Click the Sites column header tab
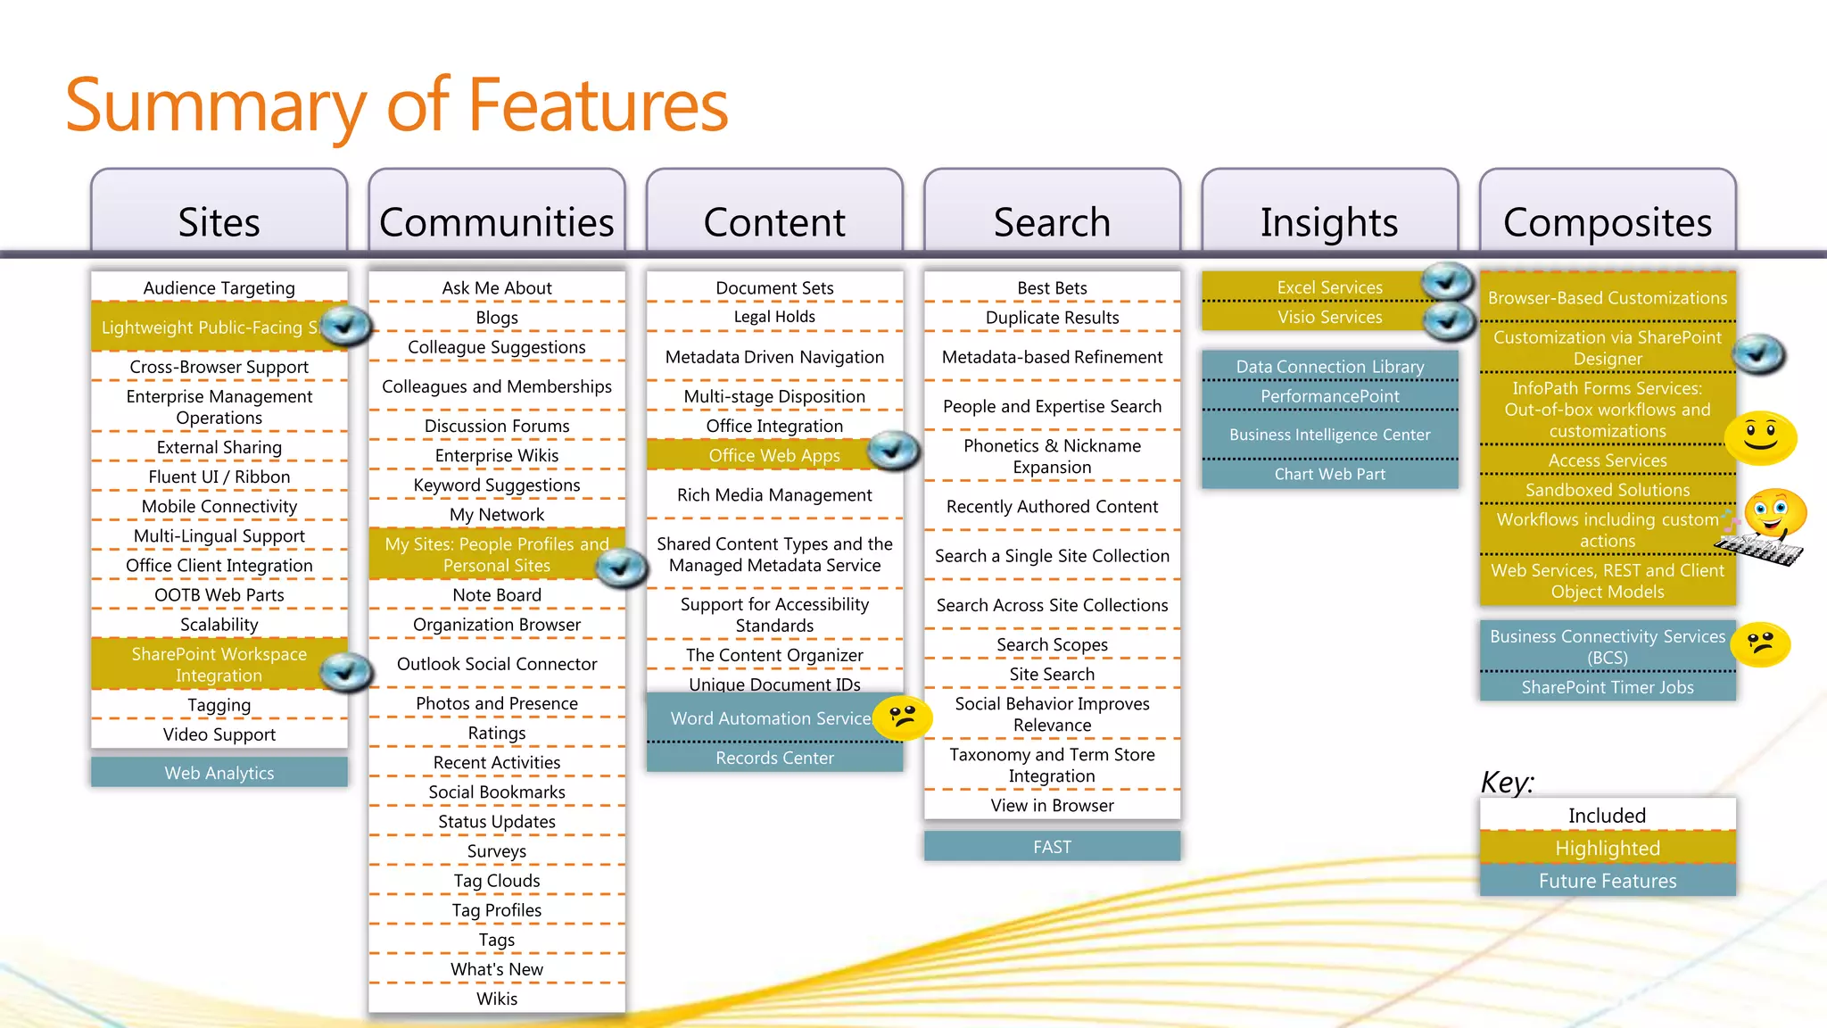pos(219,215)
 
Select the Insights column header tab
pos(1329,215)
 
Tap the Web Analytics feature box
pos(219,773)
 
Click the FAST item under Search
pos(1052,847)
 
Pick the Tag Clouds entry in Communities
pos(496,881)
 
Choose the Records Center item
pos(774,758)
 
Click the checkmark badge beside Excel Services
pos(1447,282)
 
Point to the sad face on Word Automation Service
pos(903,717)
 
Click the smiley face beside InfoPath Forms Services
pos(1760,437)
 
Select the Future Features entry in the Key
pos(1607,881)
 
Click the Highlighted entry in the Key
pos(1607,848)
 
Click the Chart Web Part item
pos(1329,474)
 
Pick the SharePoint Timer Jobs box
pos(1607,687)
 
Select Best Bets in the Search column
pos(1052,288)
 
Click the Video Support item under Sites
pos(219,734)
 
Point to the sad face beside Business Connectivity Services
pos(1761,644)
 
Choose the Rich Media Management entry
pos(774,495)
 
